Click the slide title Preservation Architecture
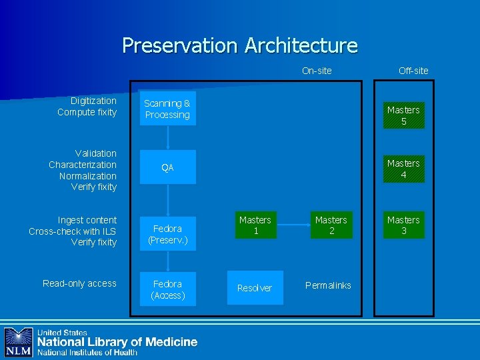(x=240, y=45)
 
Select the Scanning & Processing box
(x=167, y=109)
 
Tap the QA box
(x=167, y=167)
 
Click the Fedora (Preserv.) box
(x=167, y=234)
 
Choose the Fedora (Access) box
(x=167, y=289)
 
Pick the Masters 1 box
(x=255, y=225)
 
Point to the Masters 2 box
(x=331, y=225)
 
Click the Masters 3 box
(x=403, y=225)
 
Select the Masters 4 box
(x=403, y=169)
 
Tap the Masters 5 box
(x=403, y=115)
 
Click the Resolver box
(x=255, y=288)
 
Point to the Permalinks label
(x=328, y=285)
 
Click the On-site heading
(x=317, y=71)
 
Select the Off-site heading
(x=413, y=71)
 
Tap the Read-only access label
(x=79, y=283)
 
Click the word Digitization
(x=93, y=101)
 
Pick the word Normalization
(x=87, y=176)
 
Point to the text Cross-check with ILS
(x=72, y=231)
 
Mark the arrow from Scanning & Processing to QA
(x=167, y=137)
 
